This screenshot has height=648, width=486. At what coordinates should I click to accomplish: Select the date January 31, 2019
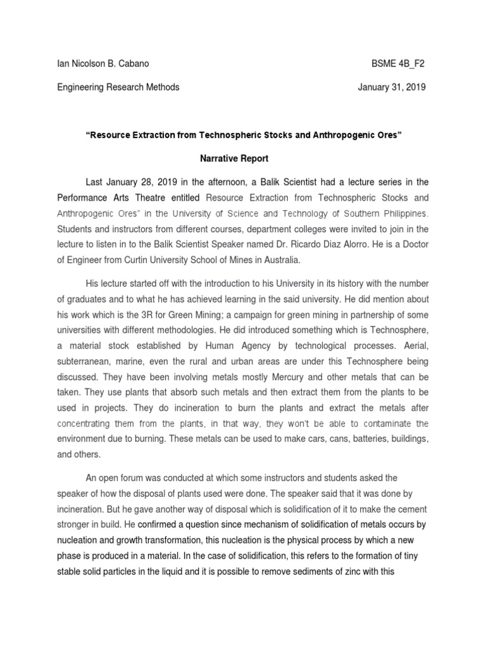pyautogui.click(x=393, y=87)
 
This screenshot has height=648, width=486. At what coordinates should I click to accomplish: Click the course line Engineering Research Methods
pyautogui.click(x=118, y=87)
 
